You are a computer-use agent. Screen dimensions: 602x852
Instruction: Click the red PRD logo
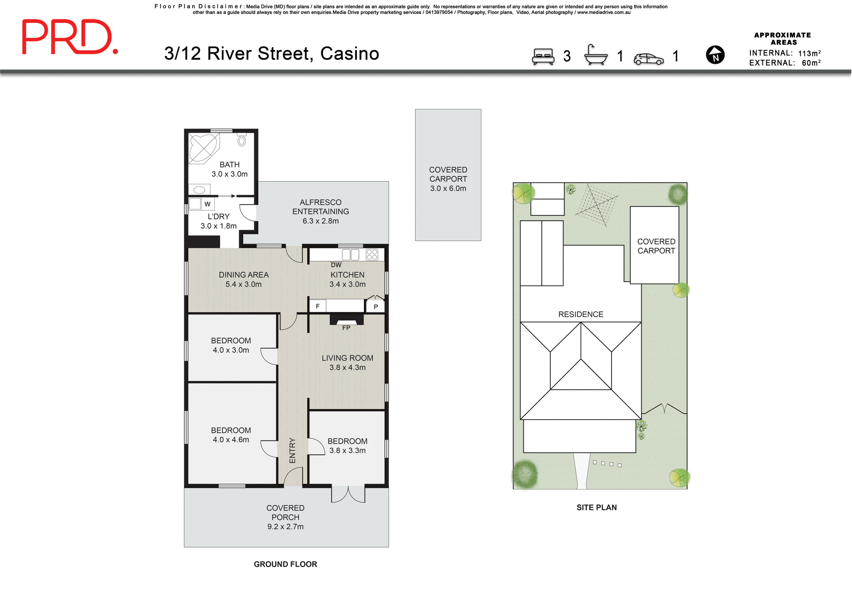pos(69,37)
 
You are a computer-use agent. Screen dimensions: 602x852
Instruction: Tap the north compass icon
pos(715,55)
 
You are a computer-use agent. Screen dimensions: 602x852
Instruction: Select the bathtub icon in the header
pos(596,55)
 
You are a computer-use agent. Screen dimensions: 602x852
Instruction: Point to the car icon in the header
pos(648,59)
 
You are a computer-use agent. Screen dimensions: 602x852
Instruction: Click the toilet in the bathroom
pos(241,141)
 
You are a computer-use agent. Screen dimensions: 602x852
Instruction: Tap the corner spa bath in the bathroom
pos(203,148)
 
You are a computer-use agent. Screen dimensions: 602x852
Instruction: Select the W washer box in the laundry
pos(207,204)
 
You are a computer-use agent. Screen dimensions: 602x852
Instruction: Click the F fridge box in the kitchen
pos(318,306)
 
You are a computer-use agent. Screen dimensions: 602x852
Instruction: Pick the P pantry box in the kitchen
pos(375,307)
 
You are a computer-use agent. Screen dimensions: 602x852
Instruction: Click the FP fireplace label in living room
pos(346,328)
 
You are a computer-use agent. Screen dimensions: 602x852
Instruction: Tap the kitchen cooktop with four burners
pos(372,255)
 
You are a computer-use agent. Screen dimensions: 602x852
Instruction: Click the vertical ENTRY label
pos(292,450)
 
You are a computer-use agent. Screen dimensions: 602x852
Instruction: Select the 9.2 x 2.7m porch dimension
pos(285,527)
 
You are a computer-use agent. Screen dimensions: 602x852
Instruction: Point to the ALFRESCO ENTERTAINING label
pos(320,207)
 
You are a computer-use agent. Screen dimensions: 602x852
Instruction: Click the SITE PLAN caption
pos(596,508)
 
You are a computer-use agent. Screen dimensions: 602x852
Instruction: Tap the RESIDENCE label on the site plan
pos(580,314)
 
